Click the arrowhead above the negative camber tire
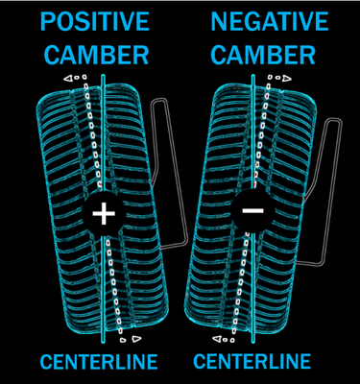pyautogui.click(x=283, y=77)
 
